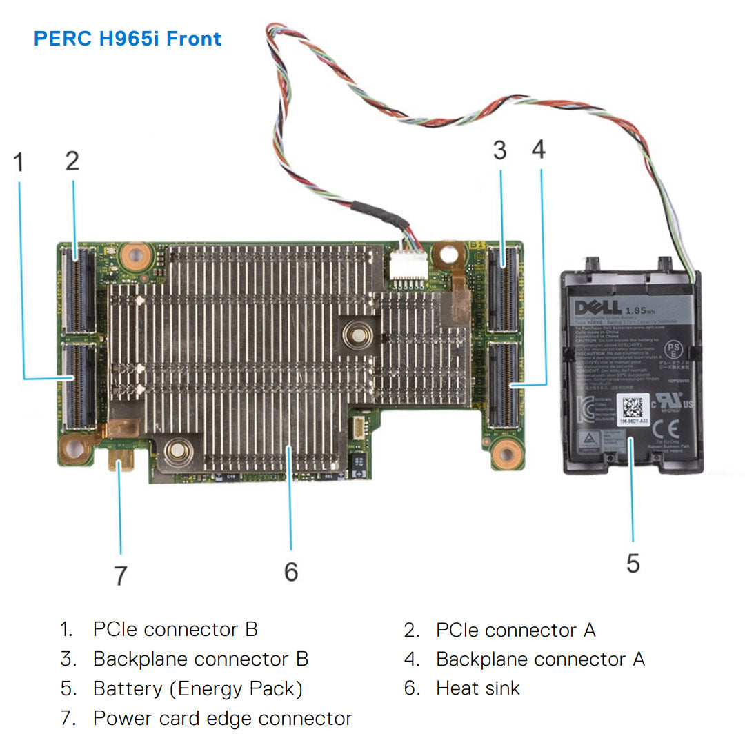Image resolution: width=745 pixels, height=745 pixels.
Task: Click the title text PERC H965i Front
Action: (x=128, y=38)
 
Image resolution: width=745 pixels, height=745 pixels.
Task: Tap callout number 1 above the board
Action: (x=19, y=163)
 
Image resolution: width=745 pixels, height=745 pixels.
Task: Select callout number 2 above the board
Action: (x=72, y=161)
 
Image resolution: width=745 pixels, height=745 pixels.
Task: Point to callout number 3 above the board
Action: (x=500, y=150)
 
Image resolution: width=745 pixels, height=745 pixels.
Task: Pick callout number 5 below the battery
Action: (x=633, y=563)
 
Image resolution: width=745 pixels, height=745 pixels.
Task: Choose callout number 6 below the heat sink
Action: (x=291, y=571)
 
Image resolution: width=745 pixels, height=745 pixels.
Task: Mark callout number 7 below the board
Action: (x=121, y=575)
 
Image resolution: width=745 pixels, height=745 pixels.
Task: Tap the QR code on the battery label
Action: (x=632, y=407)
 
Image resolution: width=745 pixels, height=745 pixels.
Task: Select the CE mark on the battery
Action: (x=668, y=430)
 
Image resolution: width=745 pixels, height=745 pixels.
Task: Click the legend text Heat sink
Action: (x=477, y=688)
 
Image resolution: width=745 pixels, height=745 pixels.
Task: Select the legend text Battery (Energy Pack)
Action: (x=197, y=688)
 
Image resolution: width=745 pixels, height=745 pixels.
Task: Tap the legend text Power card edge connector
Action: (x=222, y=718)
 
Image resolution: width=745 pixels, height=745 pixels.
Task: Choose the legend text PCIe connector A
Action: (x=515, y=630)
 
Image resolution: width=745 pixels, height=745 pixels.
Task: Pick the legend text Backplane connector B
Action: (x=200, y=659)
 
